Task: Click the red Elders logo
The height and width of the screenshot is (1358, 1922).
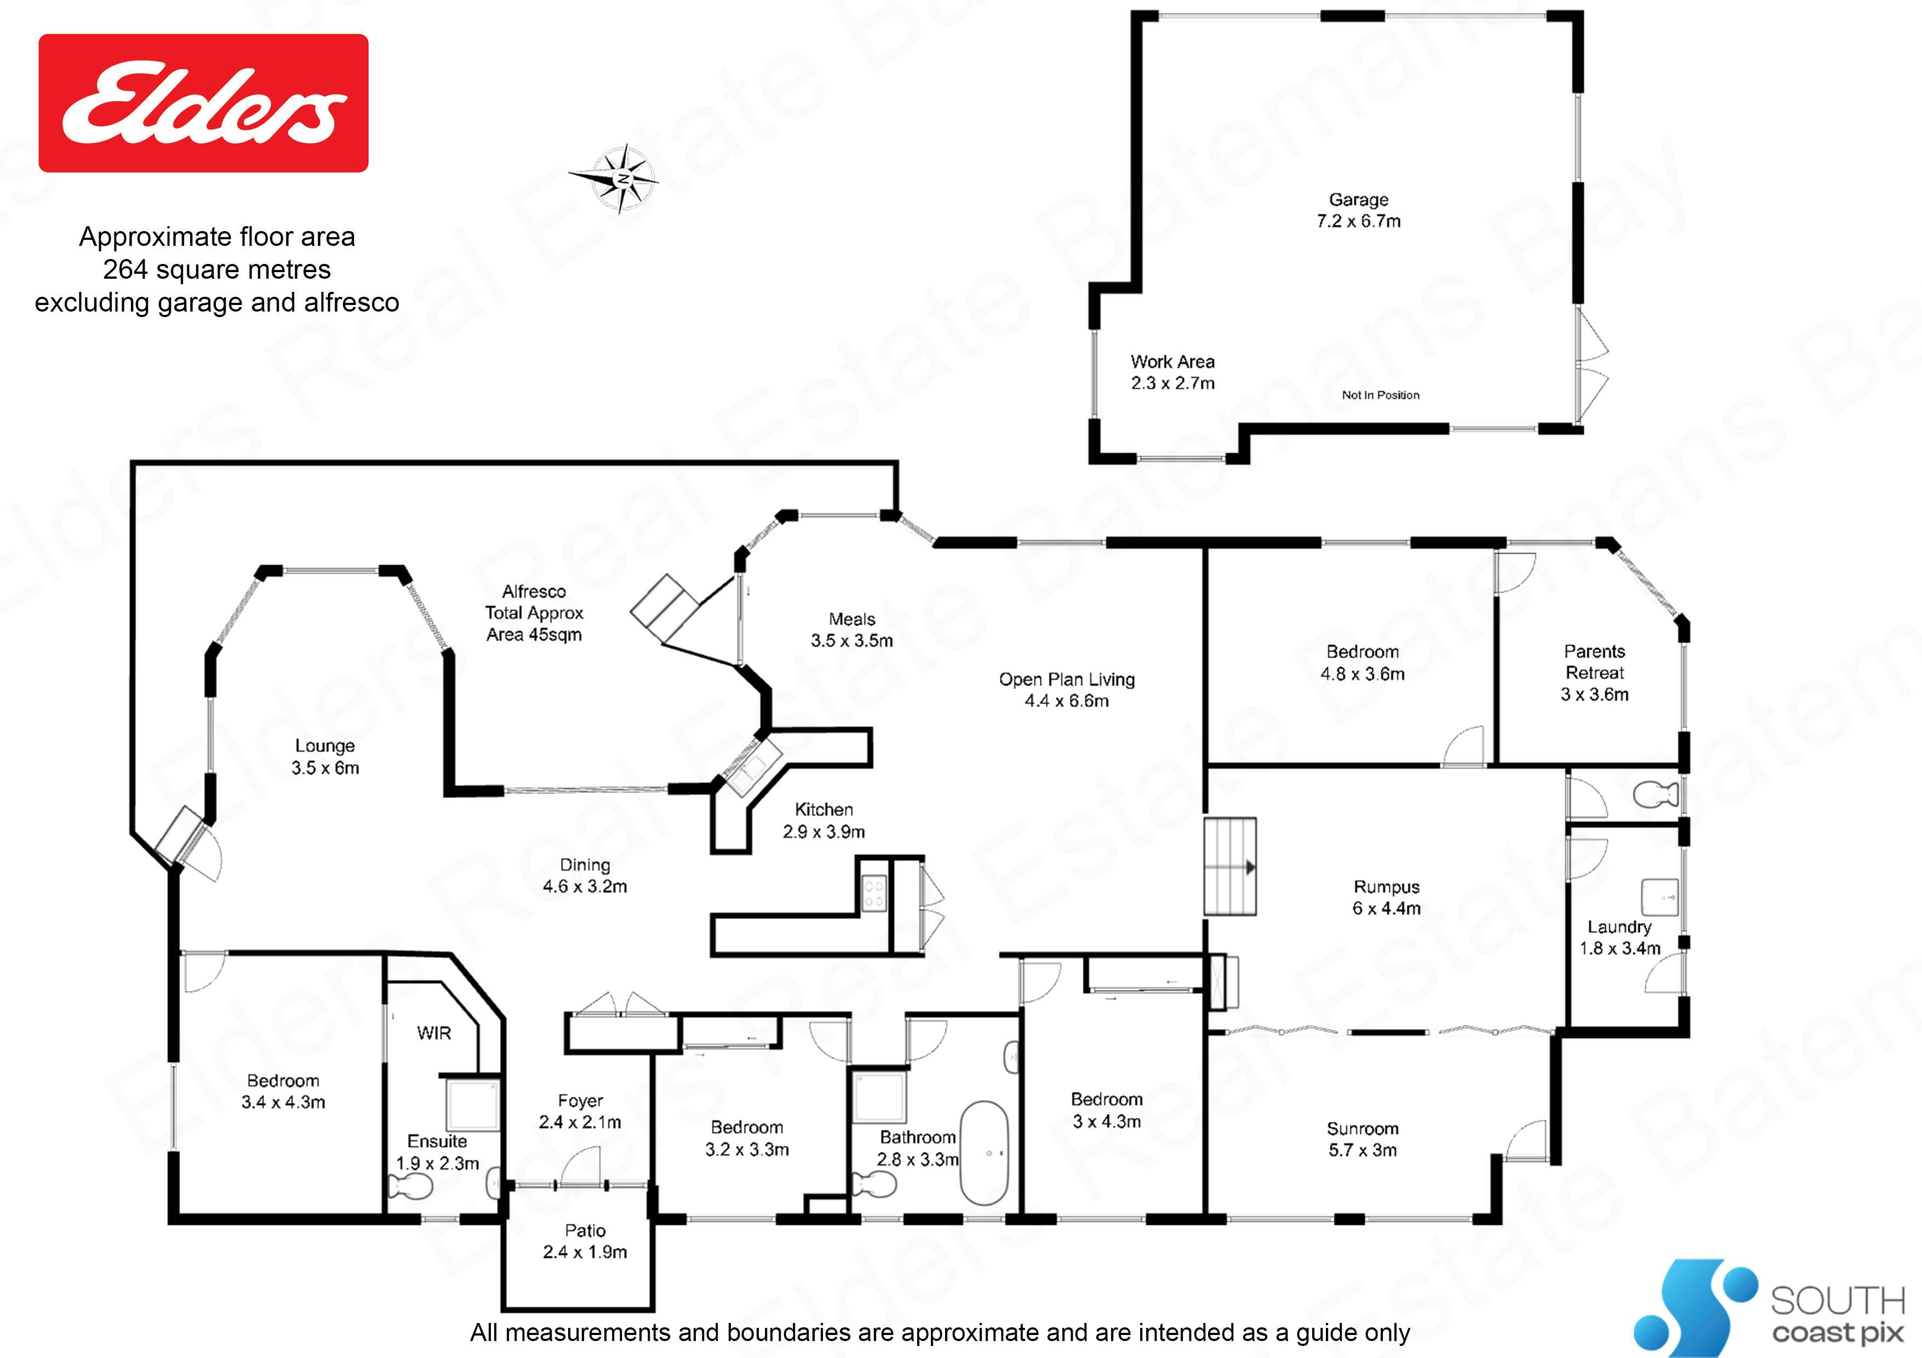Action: [x=203, y=103]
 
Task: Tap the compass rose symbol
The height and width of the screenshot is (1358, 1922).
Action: [x=620, y=178]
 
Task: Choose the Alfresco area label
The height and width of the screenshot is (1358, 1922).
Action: [x=534, y=613]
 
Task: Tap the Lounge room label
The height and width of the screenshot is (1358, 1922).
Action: [x=325, y=756]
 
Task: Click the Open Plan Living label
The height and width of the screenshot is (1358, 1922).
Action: [x=1067, y=689]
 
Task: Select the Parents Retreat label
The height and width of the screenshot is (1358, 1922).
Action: [x=1595, y=673]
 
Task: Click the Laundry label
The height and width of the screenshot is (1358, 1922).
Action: [x=1620, y=937]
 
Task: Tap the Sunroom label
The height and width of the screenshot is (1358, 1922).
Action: [x=1362, y=1139]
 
